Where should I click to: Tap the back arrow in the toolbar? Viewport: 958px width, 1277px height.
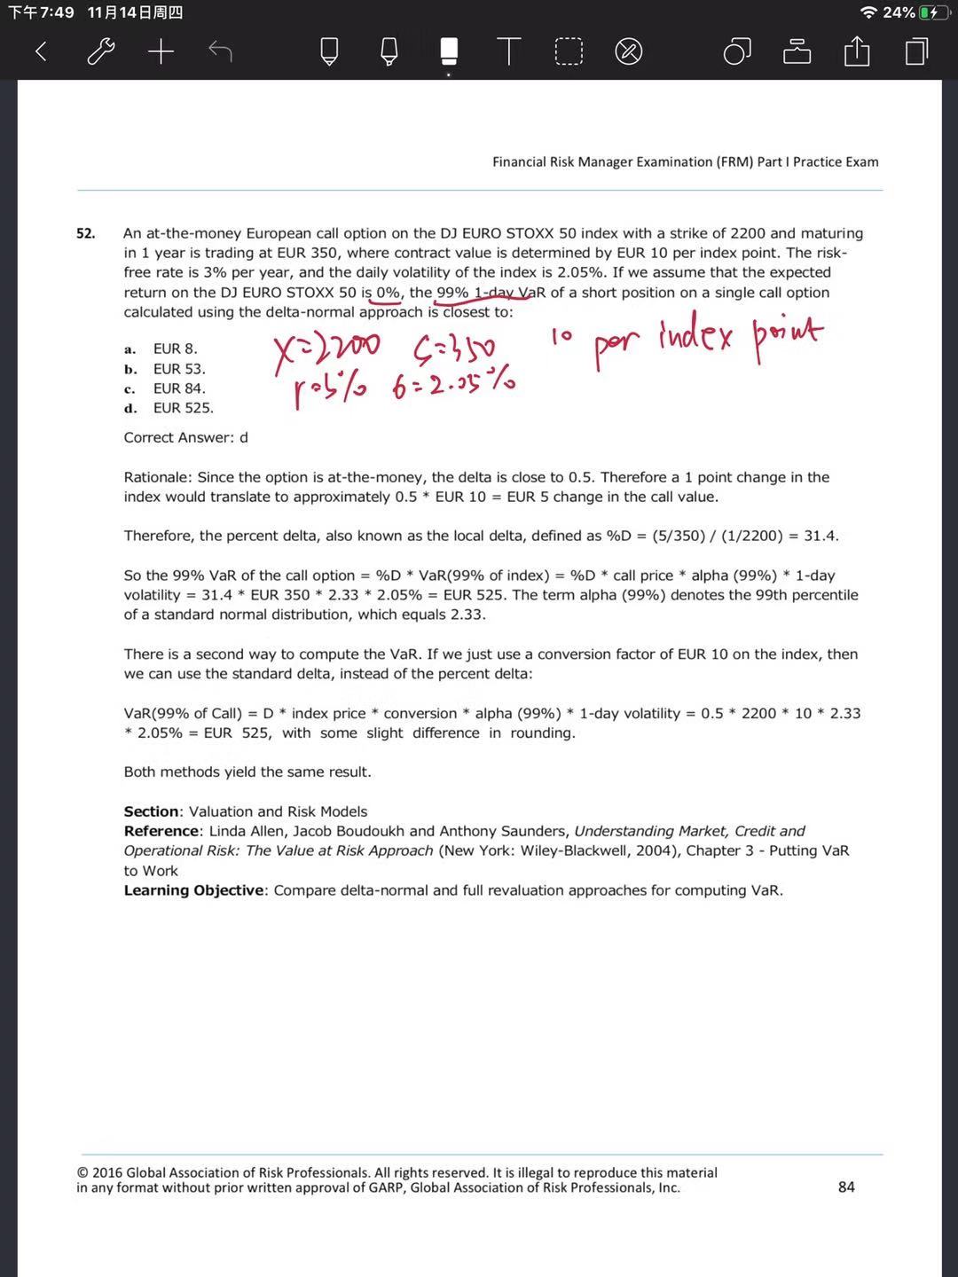coord(41,51)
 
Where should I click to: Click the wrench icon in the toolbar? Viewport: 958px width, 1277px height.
coord(101,51)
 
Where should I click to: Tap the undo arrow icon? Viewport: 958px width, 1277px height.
coord(220,51)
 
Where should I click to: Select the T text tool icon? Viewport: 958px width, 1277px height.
coord(508,51)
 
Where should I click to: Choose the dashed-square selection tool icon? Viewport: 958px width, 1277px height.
coord(569,51)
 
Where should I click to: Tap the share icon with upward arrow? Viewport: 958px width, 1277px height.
coord(857,51)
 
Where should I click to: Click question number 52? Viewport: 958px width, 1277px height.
coord(85,233)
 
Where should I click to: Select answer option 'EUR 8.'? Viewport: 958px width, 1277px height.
coord(175,349)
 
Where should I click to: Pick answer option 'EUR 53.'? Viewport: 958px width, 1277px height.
coord(178,369)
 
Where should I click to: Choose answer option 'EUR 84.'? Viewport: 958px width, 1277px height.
coord(178,388)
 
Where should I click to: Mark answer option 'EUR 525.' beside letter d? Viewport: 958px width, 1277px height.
coord(183,408)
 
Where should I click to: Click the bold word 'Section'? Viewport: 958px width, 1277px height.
coord(151,811)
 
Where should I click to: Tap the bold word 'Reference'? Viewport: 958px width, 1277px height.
coord(161,831)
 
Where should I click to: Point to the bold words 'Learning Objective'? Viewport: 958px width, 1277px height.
coord(193,890)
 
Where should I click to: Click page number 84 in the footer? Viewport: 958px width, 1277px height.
coord(846,1187)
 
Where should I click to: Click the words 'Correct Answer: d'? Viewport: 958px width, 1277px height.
coord(185,437)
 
